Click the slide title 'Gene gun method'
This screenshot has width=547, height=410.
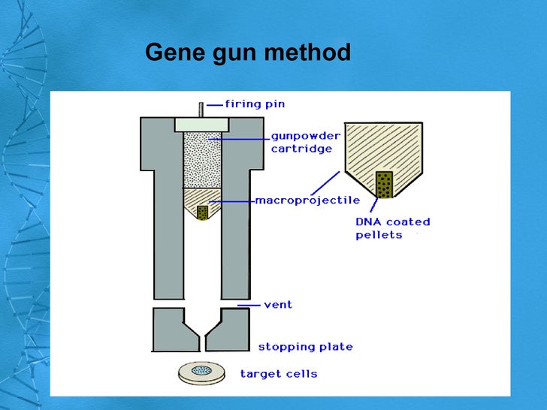[247, 53]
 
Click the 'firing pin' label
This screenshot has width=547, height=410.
[255, 104]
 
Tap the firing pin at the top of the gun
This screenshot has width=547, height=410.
[201, 109]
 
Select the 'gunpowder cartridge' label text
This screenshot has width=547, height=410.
[305, 142]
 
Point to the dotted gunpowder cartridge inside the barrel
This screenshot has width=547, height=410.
[202, 160]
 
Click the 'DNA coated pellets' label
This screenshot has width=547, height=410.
[392, 228]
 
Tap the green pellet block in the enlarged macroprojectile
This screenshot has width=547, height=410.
[384, 185]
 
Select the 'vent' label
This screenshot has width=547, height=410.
[278, 305]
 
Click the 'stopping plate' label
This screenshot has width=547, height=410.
[305, 347]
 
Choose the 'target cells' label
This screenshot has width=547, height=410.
[278, 373]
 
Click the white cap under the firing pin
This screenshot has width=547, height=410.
[201, 124]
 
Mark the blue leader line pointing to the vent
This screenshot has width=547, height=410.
[247, 305]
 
